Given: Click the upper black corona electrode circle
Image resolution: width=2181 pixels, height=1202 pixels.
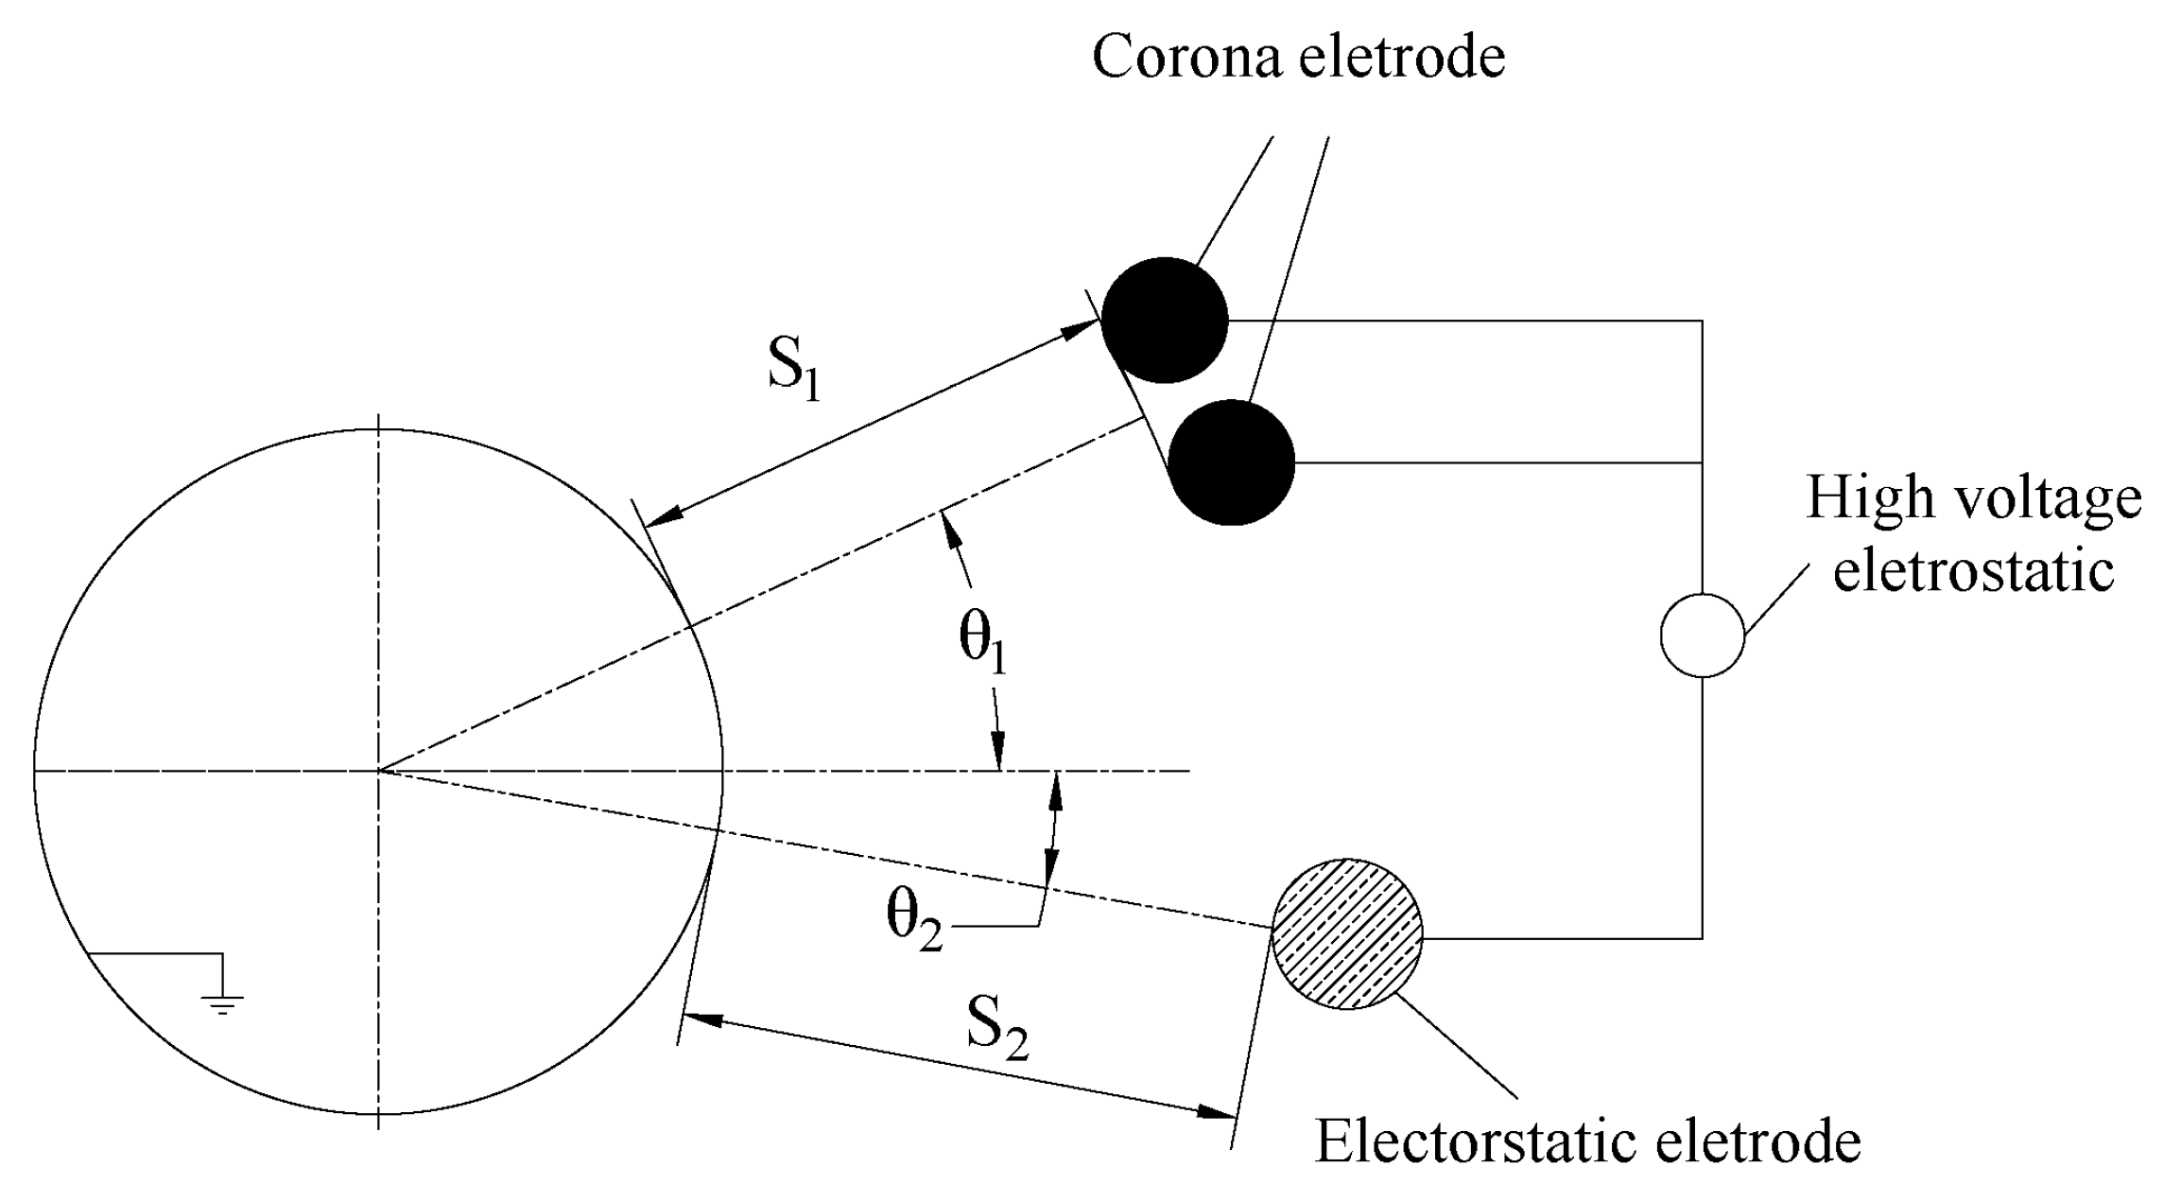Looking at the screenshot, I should pyautogui.click(x=1165, y=320).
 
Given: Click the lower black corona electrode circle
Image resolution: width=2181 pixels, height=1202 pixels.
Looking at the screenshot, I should pyautogui.click(x=1231, y=462).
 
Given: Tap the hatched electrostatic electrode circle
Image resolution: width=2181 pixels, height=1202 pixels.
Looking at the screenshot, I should pyautogui.click(x=1346, y=933).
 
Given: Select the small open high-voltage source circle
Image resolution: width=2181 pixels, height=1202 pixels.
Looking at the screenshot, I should pyautogui.click(x=1702, y=636).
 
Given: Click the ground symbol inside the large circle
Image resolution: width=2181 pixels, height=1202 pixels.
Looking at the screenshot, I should pyautogui.click(x=222, y=1001).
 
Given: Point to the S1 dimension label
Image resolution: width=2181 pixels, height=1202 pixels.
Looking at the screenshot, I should pyautogui.click(x=793, y=369).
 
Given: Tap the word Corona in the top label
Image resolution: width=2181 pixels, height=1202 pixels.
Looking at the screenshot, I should pyautogui.click(x=1187, y=57).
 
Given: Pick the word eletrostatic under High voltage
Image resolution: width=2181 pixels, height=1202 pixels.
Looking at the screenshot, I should pyautogui.click(x=1973, y=570).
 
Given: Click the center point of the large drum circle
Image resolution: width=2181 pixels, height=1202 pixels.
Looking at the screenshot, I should pyautogui.click(x=378, y=771).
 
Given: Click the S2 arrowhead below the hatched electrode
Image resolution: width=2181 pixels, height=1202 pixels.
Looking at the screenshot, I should pyautogui.click(x=1216, y=1112).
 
